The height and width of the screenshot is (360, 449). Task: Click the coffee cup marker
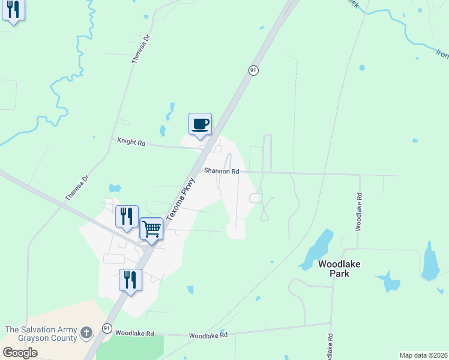coord(200,124)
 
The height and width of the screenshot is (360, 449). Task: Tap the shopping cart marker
coord(152,228)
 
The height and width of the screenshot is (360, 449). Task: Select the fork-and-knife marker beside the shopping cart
coord(127,216)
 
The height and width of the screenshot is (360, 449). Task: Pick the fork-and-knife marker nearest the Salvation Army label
coord(130,280)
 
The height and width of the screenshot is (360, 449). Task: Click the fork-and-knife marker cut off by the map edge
coord(13,10)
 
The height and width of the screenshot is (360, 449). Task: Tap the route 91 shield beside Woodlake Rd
coord(107,328)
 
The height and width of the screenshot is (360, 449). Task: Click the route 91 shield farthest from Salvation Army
coord(253,70)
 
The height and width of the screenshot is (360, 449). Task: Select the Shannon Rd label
coord(221,171)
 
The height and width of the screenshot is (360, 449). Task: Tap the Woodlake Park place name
coord(334,268)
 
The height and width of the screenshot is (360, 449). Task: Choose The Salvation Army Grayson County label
coord(41,334)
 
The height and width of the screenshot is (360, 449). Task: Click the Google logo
coord(20,353)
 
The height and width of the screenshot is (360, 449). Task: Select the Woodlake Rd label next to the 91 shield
coord(134,333)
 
